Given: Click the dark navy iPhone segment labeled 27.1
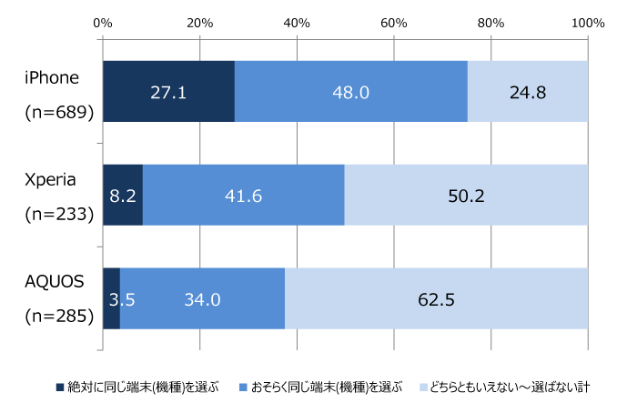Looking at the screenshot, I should click(168, 91).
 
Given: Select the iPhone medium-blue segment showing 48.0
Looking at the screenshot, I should click(350, 91).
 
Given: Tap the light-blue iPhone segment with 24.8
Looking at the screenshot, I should click(527, 91).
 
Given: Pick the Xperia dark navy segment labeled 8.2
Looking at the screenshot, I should click(123, 195).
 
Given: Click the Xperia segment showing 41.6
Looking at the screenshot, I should click(243, 195).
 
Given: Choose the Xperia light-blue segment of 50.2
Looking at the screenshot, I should click(466, 195).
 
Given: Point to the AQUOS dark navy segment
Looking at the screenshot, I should click(110, 298).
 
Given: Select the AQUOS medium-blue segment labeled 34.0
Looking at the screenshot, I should click(202, 298).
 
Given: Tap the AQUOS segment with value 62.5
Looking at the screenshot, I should click(436, 298).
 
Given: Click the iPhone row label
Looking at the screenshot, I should click(51, 76).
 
